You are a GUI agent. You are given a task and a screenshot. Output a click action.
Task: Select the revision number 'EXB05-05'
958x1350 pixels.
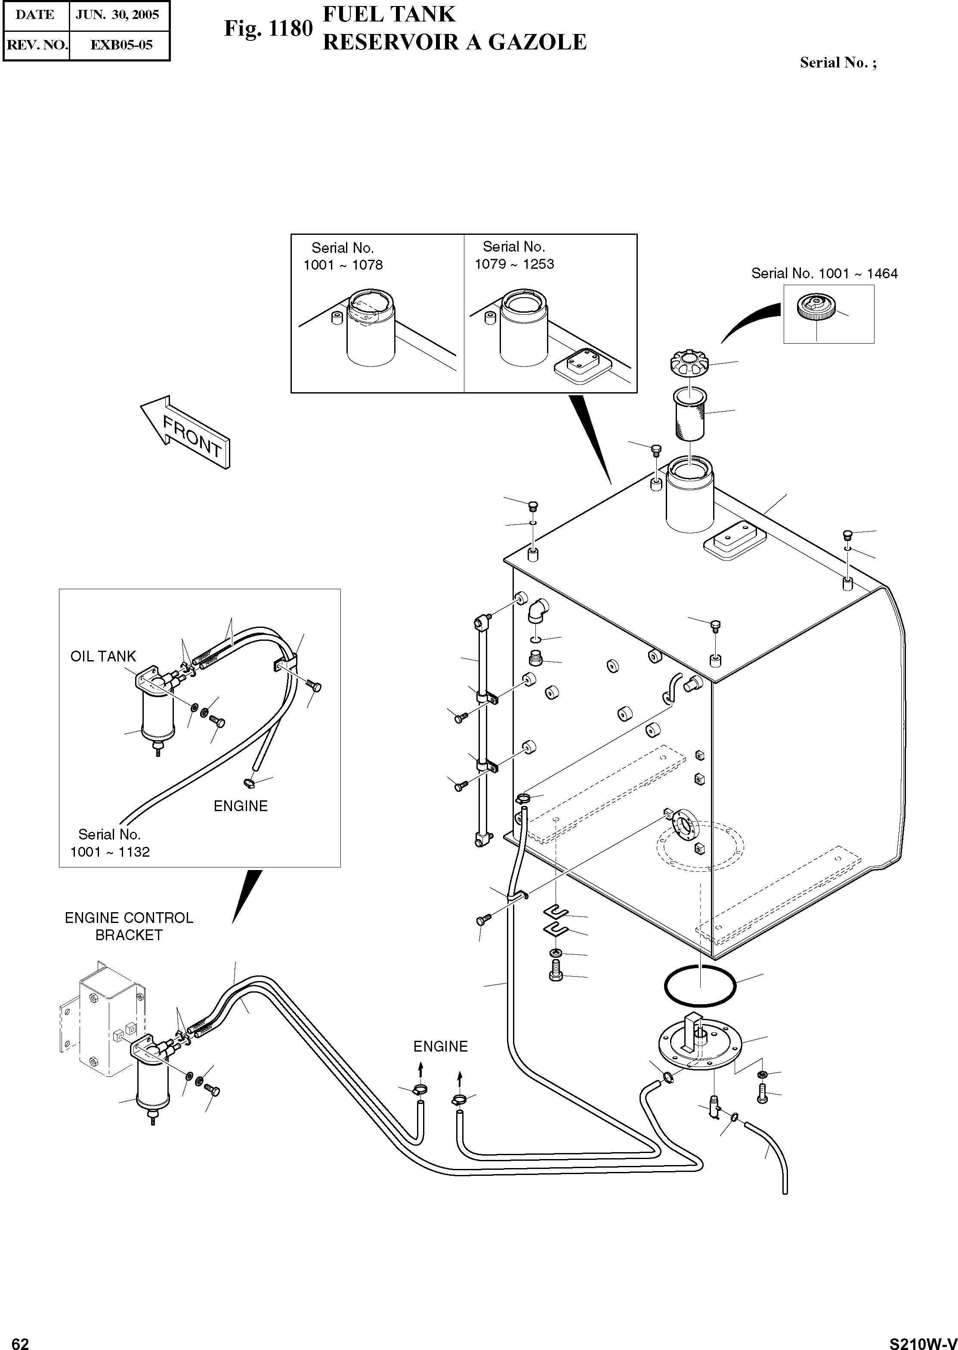121,45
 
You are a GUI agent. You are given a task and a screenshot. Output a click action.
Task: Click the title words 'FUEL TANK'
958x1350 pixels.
389,14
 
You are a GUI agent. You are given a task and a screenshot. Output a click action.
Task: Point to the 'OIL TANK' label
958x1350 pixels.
103,656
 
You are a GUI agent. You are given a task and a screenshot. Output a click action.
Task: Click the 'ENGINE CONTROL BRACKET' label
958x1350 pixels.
129,926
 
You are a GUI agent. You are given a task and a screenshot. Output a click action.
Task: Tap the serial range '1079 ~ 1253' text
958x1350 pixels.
514,264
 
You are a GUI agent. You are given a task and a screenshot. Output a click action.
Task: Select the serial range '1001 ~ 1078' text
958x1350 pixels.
343,265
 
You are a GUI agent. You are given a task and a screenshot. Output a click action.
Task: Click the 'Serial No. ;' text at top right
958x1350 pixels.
837,63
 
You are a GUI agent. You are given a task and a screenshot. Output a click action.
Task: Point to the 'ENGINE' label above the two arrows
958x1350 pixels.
440,1046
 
